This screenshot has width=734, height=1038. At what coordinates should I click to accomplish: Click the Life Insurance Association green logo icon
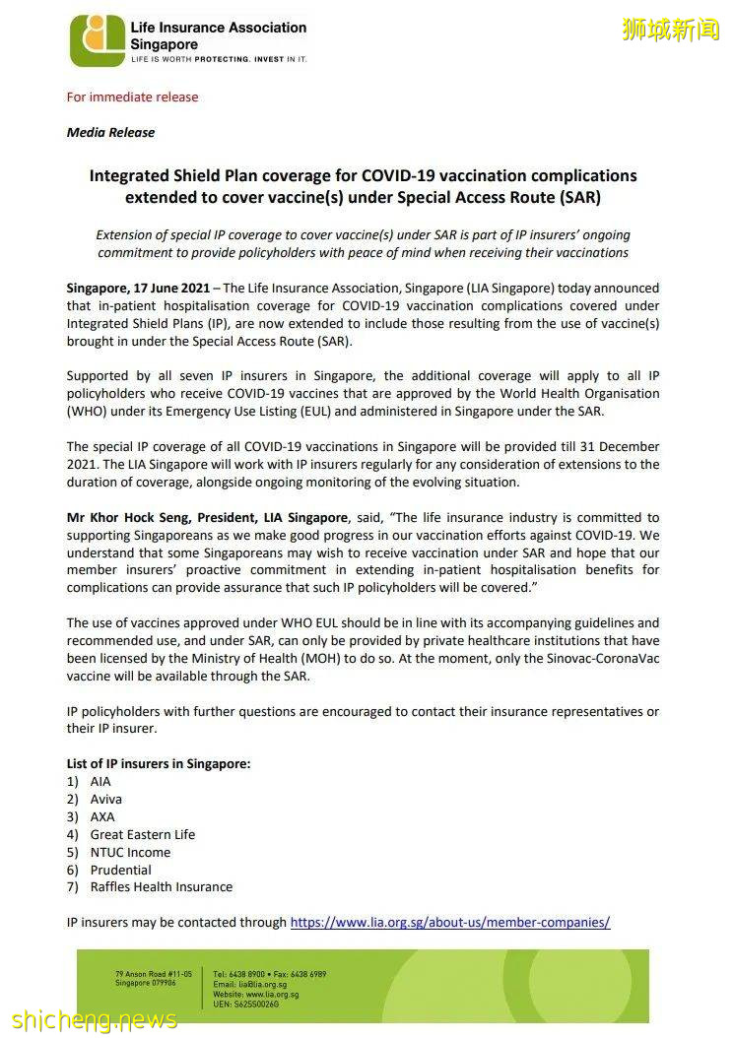97,40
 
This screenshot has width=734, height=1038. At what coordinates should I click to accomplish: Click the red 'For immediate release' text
132,97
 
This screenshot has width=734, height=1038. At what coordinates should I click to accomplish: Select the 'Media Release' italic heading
110,132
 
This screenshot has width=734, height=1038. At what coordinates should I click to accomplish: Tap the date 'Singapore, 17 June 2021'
137,289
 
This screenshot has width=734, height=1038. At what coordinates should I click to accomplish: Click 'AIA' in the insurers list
100,781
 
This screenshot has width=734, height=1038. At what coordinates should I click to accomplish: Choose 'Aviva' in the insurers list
106,799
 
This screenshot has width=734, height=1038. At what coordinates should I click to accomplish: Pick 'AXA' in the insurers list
102,816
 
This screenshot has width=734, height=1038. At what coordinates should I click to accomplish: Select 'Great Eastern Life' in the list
143,834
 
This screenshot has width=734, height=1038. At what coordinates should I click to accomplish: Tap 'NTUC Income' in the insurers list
130,852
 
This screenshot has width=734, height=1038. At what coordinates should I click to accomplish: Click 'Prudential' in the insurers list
120,870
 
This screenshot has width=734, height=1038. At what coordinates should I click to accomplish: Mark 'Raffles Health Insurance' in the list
162,887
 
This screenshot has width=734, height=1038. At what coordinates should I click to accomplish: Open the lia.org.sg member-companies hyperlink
450,923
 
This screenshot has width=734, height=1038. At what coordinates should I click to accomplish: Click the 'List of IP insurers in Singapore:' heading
159,763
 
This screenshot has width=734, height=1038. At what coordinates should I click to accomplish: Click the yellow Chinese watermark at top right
671,30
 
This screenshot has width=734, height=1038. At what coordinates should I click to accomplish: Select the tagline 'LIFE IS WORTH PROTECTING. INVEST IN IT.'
219,59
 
